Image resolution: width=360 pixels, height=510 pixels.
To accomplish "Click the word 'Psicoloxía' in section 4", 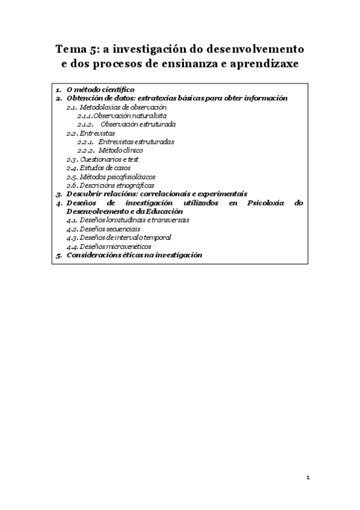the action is [260, 203].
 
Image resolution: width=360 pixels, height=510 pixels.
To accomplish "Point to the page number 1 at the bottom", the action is [308, 478].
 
